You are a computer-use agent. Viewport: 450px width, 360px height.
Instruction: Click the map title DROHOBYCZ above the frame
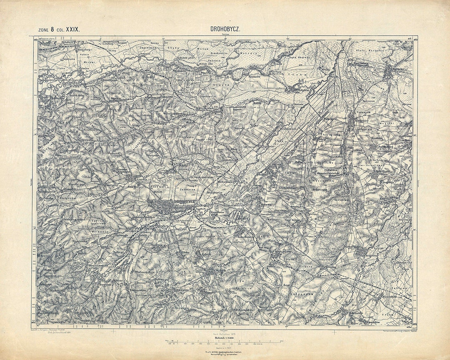coord(225,30)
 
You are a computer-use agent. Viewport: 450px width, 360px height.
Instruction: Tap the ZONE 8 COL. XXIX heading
coord(59,30)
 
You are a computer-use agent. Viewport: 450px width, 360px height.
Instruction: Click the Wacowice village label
coord(183,159)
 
